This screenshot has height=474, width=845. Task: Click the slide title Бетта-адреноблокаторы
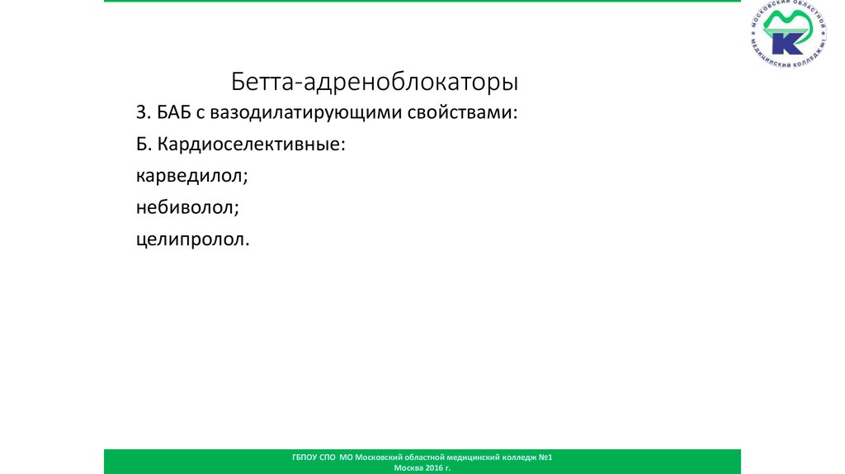(375, 82)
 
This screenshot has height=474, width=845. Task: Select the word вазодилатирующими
(306, 113)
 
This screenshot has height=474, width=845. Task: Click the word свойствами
(460, 112)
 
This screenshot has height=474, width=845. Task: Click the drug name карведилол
(189, 177)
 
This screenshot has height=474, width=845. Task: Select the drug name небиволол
(185, 207)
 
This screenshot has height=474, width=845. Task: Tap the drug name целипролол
(191, 239)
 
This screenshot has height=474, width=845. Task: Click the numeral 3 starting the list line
(141, 112)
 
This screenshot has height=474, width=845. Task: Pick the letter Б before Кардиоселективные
(142, 144)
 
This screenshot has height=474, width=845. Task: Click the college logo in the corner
(788, 33)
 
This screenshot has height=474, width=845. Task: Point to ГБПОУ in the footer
(304, 457)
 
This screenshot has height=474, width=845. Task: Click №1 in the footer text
(545, 457)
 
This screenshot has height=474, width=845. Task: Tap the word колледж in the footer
(520, 457)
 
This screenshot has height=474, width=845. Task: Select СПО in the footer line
(327, 457)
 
